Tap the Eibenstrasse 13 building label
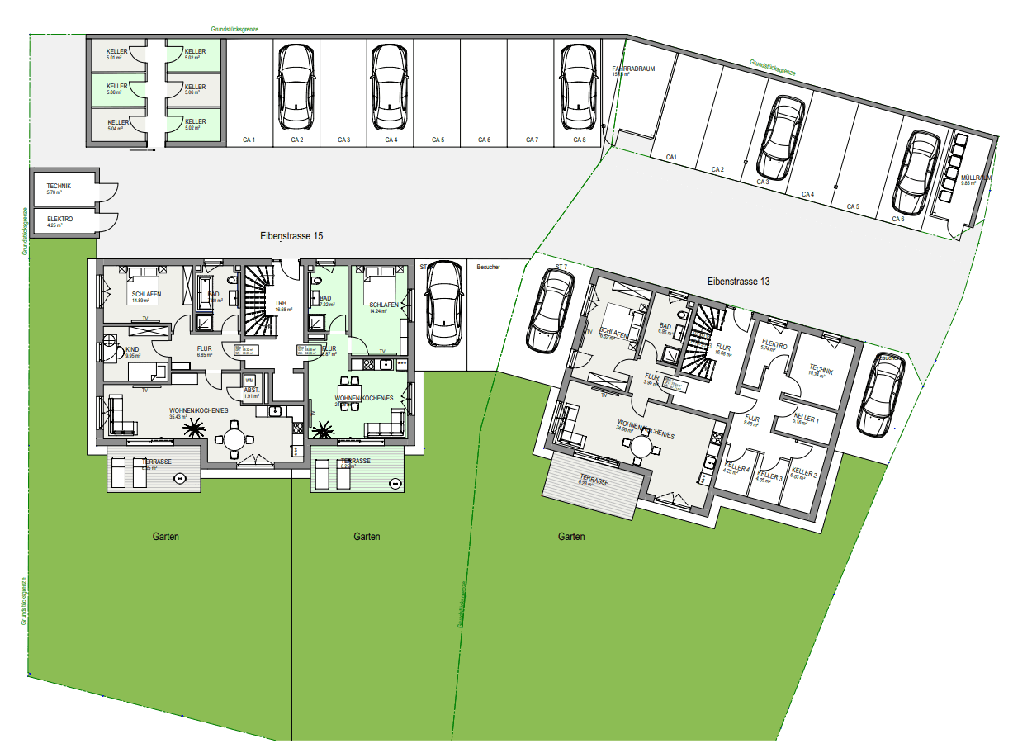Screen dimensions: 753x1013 738,282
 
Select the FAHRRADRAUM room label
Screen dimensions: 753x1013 633,69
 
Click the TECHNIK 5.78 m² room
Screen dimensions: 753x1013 59,187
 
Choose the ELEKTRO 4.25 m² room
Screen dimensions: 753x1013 59,220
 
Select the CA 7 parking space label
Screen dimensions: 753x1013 531,140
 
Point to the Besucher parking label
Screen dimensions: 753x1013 489,267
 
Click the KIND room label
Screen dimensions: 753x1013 131,350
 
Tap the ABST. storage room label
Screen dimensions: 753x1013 251,390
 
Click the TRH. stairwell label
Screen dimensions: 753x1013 282,304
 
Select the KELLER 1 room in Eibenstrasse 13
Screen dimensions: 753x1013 806,419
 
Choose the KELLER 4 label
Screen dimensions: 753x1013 736,467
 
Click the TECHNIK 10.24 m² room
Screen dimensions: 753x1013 821,371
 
